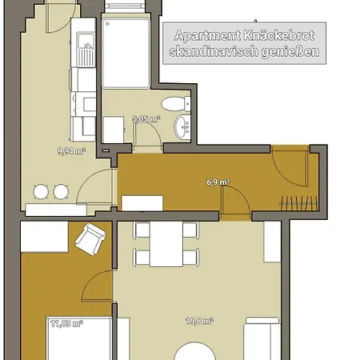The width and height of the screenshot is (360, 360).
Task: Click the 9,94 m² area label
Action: pos(71,151)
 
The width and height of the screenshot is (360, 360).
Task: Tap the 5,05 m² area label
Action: pos(146,119)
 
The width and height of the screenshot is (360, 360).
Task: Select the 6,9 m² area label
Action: pos(218,182)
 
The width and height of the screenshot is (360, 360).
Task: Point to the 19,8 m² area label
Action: pos(200,321)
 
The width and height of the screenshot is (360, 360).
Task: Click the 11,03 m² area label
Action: pos(67,324)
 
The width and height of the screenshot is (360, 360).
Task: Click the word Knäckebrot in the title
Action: pos(279,36)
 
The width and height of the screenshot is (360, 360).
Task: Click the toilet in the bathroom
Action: pos(176,104)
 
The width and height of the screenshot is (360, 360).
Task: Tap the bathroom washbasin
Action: pos(182,127)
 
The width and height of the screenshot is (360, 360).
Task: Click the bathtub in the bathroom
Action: pos(126,54)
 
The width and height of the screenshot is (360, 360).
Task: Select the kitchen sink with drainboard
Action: pos(86,50)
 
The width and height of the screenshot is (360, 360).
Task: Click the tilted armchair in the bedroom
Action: pos(90,239)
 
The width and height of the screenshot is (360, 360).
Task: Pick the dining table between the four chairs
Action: pos(166,244)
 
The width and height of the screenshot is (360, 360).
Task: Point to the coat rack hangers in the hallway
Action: pos(298,203)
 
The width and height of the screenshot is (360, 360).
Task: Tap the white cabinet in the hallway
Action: pos(142,203)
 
